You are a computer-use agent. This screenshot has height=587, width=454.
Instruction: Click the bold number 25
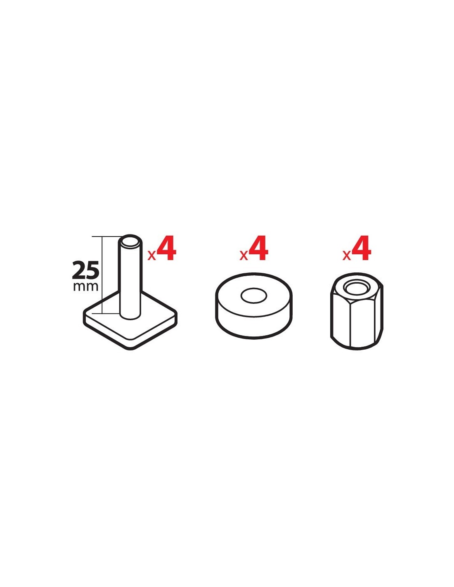point(85,270)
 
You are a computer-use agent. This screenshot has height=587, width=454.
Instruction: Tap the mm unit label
point(85,286)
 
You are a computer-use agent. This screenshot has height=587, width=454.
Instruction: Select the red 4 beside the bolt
point(166,248)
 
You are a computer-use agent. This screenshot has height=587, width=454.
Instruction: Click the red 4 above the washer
point(258,248)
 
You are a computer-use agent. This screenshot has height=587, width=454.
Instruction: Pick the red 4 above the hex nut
point(361,248)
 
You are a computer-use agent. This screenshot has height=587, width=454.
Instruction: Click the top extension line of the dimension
point(106,237)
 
